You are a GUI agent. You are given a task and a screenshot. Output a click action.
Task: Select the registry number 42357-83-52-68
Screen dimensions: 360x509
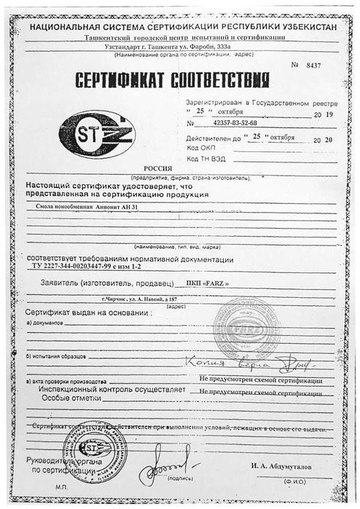tap(232, 124)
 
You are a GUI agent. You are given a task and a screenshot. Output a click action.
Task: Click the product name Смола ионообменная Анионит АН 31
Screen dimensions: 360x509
tap(86, 208)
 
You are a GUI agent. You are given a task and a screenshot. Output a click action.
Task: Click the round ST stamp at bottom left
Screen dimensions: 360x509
tap(94, 447)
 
